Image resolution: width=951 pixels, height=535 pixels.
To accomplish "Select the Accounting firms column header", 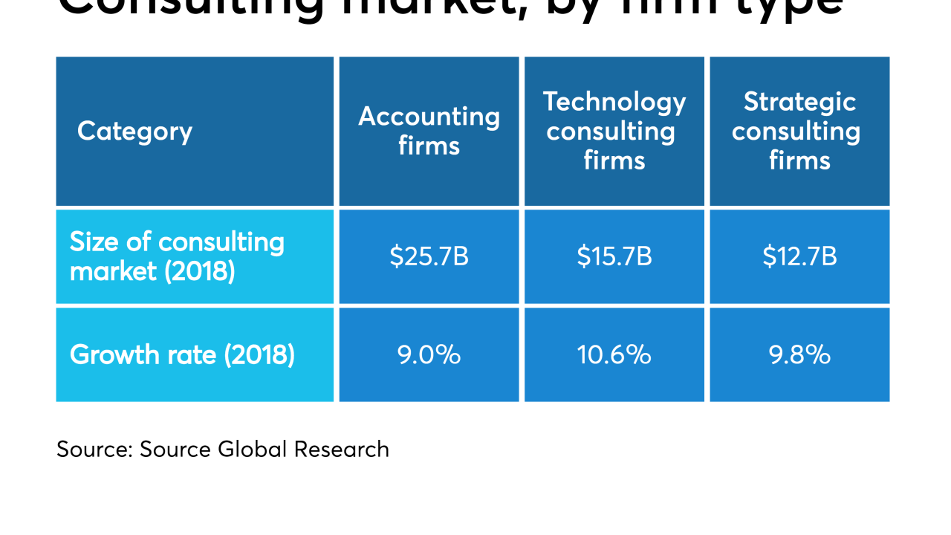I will click(429, 132).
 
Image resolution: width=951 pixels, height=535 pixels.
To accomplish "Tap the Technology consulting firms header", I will click(614, 132).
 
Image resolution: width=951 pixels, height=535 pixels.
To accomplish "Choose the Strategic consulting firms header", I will click(799, 132).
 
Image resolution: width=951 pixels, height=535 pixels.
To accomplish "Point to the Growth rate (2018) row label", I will click(182, 354).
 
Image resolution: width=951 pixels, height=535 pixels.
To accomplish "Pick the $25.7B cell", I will click(429, 256).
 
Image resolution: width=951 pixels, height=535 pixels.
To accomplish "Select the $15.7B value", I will click(614, 256).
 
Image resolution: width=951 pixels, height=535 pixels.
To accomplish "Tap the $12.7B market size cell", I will click(799, 256).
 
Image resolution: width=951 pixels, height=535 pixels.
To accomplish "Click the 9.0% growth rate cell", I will click(429, 354).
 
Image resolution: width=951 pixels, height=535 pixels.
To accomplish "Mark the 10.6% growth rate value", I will click(614, 354).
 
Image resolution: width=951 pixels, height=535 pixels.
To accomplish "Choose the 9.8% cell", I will click(799, 354).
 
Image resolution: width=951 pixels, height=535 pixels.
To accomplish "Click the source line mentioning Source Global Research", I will click(222, 450).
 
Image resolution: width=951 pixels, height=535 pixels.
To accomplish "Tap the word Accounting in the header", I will click(429, 117).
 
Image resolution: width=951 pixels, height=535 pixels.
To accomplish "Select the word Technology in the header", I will click(614, 102).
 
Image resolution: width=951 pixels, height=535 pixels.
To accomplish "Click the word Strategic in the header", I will click(799, 102).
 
